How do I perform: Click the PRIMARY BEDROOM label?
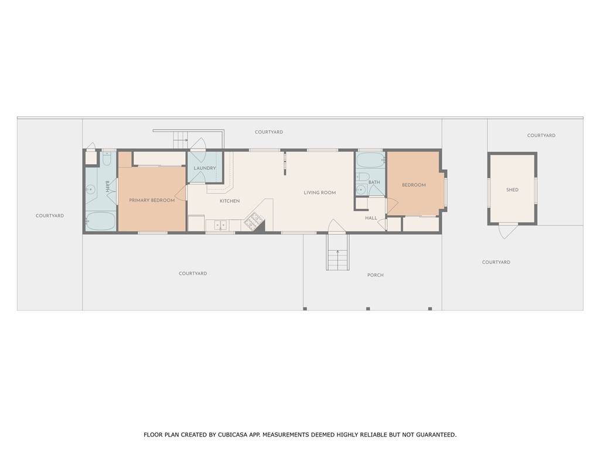(x=152, y=200)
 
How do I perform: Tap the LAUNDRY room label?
(x=204, y=168)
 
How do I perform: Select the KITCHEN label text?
(x=230, y=201)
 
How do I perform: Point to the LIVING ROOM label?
(x=320, y=192)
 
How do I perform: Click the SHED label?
(x=512, y=190)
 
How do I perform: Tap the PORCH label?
(x=376, y=275)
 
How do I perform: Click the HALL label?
(x=371, y=218)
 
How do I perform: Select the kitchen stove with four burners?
(x=254, y=220)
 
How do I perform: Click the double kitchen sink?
(x=220, y=225)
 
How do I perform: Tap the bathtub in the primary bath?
(x=101, y=221)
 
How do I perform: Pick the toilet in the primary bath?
(x=107, y=158)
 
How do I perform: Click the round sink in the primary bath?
(x=91, y=189)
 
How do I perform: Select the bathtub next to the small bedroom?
(x=370, y=160)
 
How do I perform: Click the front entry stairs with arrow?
(x=337, y=252)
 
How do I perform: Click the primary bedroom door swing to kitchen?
(x=180, y=193)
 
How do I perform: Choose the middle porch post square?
(x=368, y=309)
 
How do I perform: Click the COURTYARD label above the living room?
(x=269, y=132)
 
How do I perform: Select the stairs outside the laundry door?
(x=180, y=140)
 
